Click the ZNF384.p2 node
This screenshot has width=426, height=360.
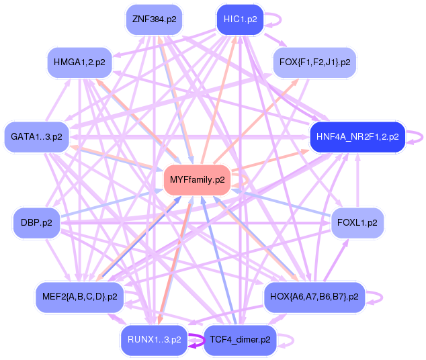tap(154, 19)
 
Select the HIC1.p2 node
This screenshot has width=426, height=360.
tap(240, 19)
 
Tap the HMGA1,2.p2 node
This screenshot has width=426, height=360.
tap(79, 62)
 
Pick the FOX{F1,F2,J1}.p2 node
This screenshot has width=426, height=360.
tap(314, 62)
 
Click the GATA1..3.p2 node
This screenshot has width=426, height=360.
tap(37, 136)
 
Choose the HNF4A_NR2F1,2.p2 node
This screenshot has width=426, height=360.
tap(357, 136)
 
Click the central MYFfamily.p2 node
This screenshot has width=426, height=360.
tap(198, 180)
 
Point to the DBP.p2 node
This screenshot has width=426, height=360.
tap(37, 223)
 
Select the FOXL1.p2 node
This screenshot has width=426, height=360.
tap(357, 223)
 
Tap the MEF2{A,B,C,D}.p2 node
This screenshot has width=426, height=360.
tap(79, 297)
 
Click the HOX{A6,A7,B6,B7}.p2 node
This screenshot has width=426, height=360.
tap(314, 297)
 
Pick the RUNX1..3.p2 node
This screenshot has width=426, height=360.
tap(154, 340)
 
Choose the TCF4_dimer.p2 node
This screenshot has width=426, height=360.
tap(240, 340)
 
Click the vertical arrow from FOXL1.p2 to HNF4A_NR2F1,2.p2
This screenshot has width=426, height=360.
tap(357, 180)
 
